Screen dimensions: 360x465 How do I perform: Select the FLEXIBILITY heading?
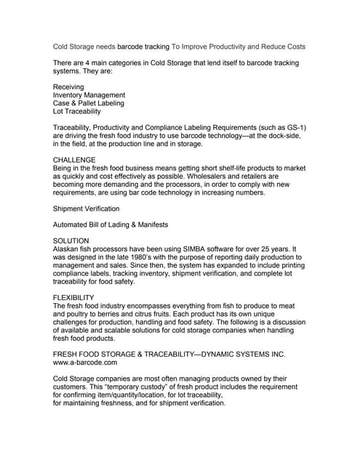click(x=74, y=298)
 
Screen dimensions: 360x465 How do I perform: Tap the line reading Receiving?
click(x=69, y=86)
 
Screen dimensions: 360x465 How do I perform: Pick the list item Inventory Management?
click(x=89, y=95)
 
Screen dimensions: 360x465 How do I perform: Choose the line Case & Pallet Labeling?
click(x=89, y=104)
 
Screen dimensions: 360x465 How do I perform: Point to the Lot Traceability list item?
click(x=80, y=113)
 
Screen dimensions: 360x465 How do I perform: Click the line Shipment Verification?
click(x=87, y=208)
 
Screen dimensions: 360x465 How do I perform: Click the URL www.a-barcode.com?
click(x=85, y=361)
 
